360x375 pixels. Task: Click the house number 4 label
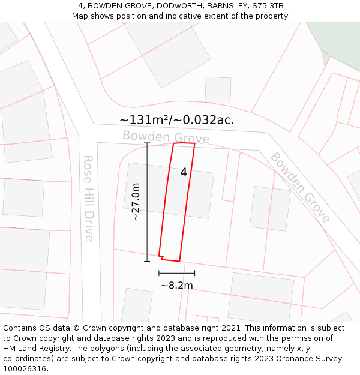184,173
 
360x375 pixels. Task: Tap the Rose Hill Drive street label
88,198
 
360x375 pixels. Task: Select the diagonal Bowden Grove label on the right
300,187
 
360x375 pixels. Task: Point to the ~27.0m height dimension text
136,202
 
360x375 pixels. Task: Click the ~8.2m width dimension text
177,286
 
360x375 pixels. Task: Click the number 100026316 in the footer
24,369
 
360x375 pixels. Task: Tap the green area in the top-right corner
339,39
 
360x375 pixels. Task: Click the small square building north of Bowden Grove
218,90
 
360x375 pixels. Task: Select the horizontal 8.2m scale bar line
177,273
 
